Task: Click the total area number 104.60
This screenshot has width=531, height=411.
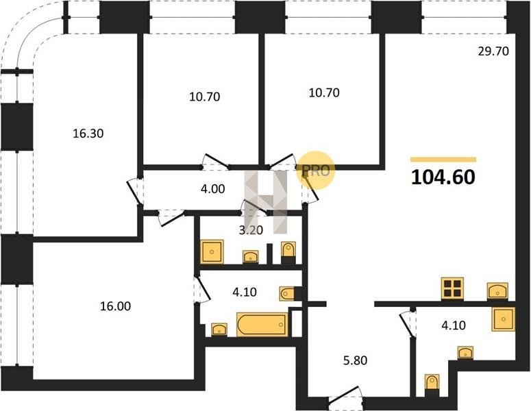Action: tap(443, 177)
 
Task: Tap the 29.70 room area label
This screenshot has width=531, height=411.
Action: tap(493, 51)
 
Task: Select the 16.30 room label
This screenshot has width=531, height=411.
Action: tap(88, 134)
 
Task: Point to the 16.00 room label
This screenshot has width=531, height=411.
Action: tap(115, 306)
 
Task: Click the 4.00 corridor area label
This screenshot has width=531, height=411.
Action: tap(212, 188)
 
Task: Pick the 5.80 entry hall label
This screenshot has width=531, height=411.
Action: tap(355, 360)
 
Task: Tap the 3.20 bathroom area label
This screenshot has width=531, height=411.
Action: tap(251, 230)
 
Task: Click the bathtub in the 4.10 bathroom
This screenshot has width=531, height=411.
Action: tap(262, 324)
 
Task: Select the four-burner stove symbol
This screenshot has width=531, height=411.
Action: tap(452, 288)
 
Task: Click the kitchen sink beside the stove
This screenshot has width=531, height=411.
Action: tap(497, 291)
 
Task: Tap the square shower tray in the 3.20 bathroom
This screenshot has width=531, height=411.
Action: tap(212, 251)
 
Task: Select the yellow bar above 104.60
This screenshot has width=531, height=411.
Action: tap(443, 160)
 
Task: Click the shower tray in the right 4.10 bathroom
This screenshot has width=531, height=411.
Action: tap(503, 319)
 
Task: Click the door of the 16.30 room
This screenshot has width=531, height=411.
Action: tap(134, 191)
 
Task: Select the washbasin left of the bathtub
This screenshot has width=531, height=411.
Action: tap(219, 329)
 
